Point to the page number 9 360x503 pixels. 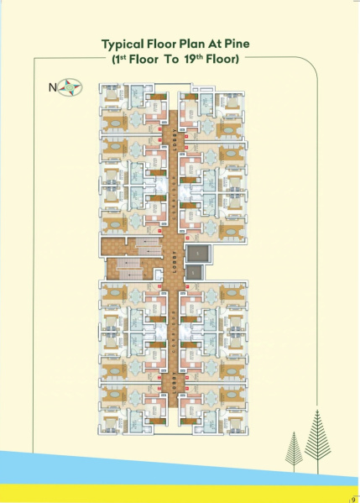353,498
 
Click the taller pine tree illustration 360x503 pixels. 316,437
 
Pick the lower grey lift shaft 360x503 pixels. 194,273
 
